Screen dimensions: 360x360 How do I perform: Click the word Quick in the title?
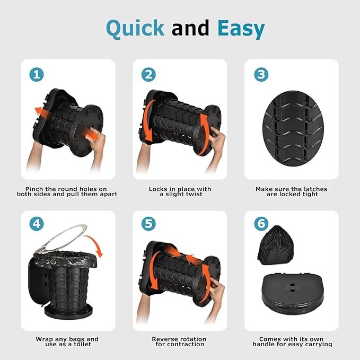tap(135, 29)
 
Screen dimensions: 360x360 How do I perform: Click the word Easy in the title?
tap(241, 29)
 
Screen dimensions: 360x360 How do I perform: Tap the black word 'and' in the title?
tap(190, 28)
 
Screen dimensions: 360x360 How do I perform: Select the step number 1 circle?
tap(37, 75)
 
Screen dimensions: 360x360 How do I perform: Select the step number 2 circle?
tap(148, 75)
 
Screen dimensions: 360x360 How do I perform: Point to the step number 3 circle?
tap(261, 75)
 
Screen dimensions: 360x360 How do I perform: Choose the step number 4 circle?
tap(37, 224)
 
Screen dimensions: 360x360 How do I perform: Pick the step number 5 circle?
tap(148, 224)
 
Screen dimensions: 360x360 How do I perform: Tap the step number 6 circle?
tap(261, 224)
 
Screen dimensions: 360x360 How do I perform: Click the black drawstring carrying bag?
tap(276, 245)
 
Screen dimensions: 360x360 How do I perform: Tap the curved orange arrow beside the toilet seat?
tap(94, 245)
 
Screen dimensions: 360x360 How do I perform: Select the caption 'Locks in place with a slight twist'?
tap(180, 192)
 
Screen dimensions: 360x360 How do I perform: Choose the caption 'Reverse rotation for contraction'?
tap(179, 341)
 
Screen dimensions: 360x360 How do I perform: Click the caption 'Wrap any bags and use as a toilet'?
tap(67, 341)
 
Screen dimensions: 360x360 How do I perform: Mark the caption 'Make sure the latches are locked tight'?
tap(292, 192)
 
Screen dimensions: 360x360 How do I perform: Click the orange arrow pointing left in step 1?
tap(42, 112)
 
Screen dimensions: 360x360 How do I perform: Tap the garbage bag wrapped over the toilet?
tap(65, 259)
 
